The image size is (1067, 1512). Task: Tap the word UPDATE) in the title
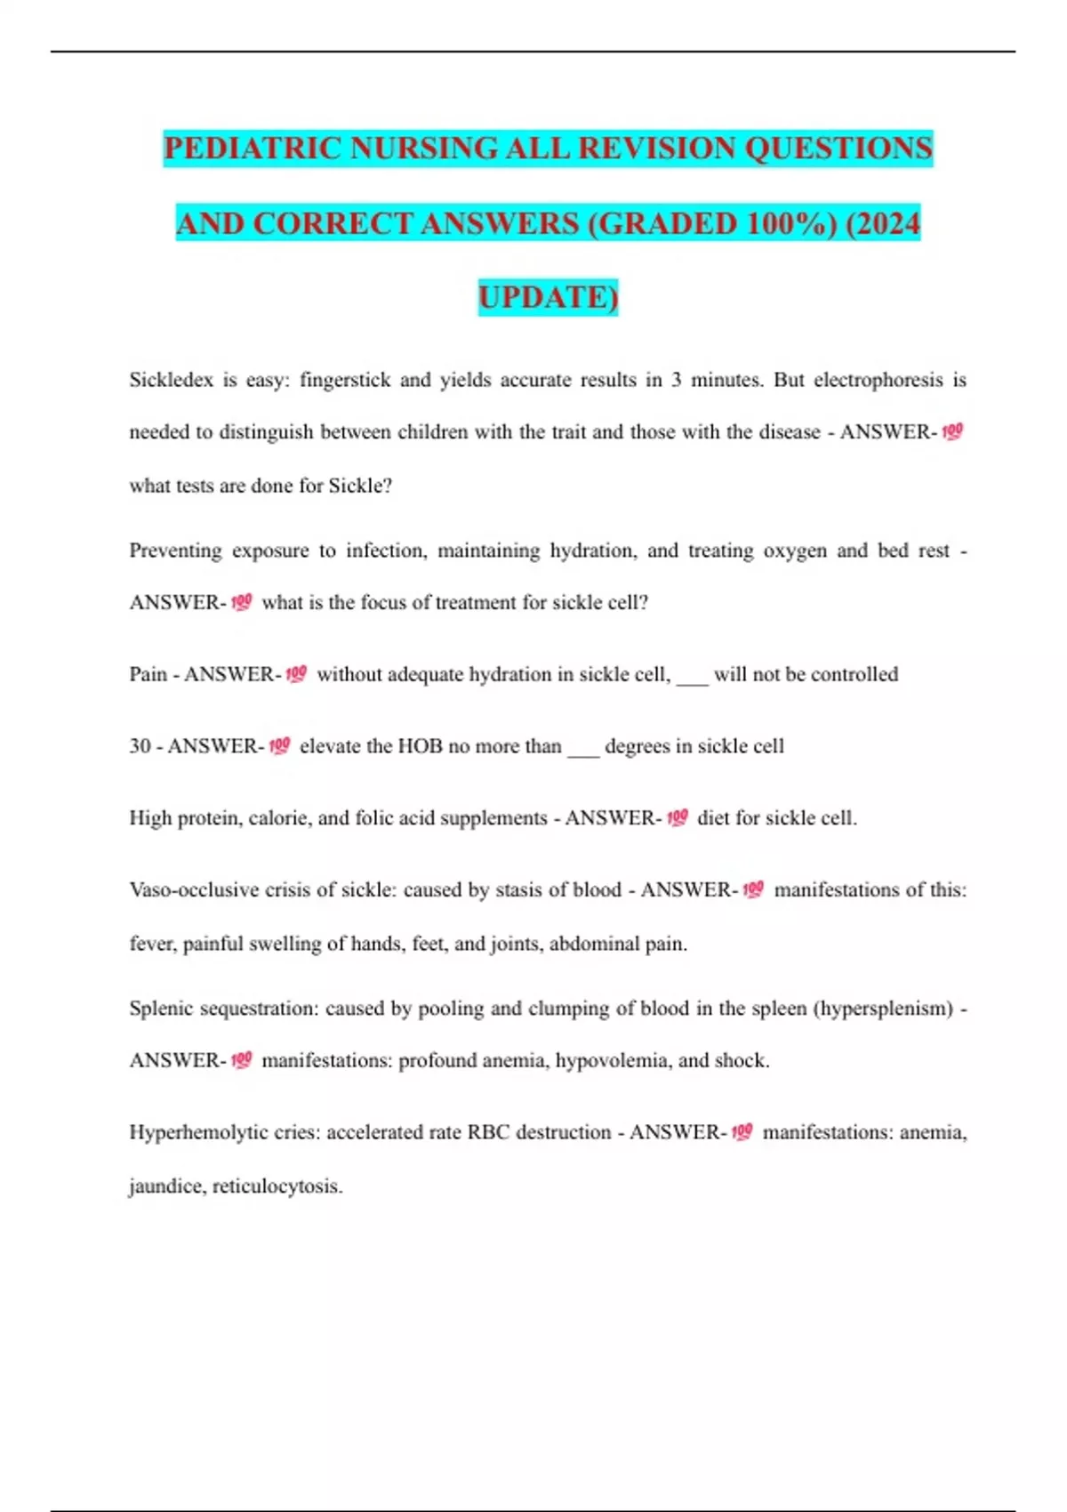[x=548, y=297]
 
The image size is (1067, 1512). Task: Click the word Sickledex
[x=171, y=380]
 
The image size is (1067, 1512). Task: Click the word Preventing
[x=175, y=551]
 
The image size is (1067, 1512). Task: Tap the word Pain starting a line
[x=148, y=674]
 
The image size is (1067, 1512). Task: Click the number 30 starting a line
[x=140, y=746]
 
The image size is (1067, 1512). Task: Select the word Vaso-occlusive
[x=193, y=890]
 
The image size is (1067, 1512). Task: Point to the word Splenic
[x=161, y=1009]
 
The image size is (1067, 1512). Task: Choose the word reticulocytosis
[x=277, y=1186]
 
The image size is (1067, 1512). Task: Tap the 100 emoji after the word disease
[x=952, y=432]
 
